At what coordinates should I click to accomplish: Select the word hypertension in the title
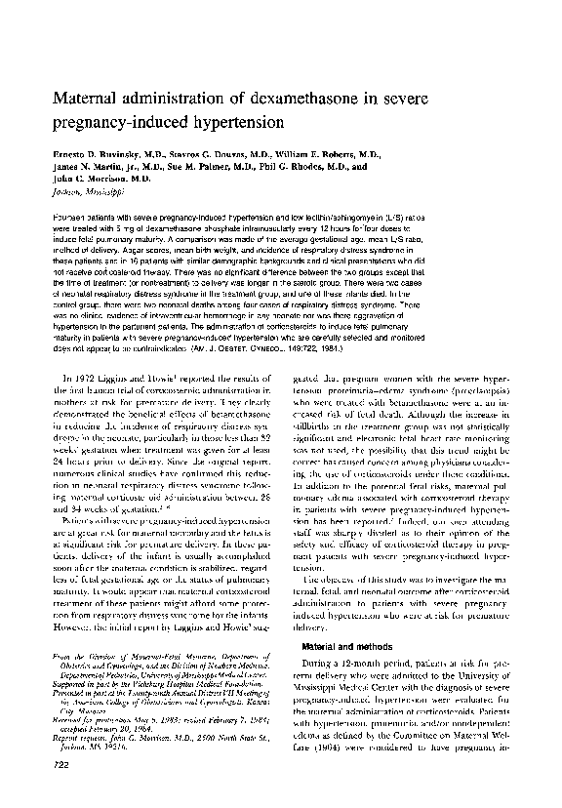tap(229, 125)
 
